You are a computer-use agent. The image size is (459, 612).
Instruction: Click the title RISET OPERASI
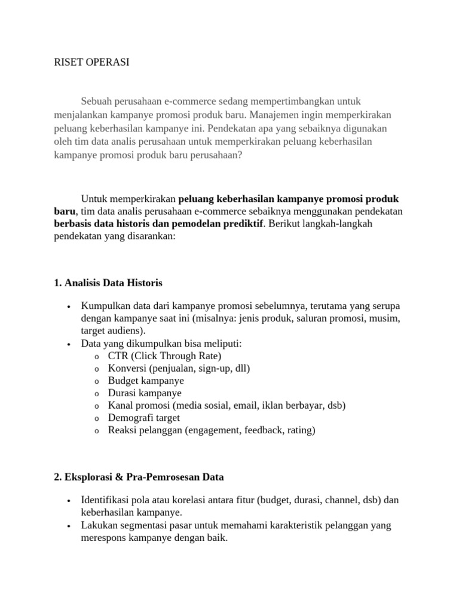(x=91, y=63)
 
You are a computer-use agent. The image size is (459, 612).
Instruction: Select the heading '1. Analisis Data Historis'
(x=108, y=282)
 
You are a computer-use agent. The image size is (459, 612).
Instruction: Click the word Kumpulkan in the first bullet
(x=105, y=306)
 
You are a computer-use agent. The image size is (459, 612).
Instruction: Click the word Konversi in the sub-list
(x=127, y=368)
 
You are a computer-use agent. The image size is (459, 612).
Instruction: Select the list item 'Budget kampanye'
(x=146, y=381)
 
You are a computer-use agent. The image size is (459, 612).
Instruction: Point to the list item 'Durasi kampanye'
(x=145, y=393)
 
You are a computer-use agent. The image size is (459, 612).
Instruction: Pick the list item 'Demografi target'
(x=143, y=418)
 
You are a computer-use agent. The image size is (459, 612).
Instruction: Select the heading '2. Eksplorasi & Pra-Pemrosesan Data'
(x=139, y=477)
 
